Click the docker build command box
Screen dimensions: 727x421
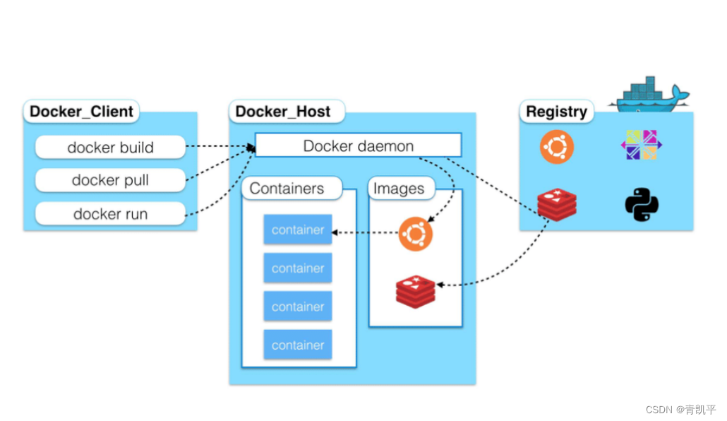pyautogui.click(x=110, y=147)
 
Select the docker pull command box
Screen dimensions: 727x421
pyautogui.click(x=110, y=180)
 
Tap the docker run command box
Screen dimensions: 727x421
pyautogui.click(x=110, y=213)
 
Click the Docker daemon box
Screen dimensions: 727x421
pyautogui.click(x=359, y=146)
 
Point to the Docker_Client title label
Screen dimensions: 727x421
pyautogui.click(x=81, y=112)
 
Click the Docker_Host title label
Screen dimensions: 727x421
pyautogui.click(x=287, y=112)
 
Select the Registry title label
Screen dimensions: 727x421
pyautogui.click(x=556, y=112)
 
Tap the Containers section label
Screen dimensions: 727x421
pyautogui.click(x=292, y=188)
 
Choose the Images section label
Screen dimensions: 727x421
pyautogui.click(x=402, y=188)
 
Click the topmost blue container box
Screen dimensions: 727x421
pyautogui.click(x=298, y=230)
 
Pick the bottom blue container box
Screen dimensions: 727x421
pyautogui.click(x=298, y=345)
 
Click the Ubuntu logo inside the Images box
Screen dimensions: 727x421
pyautogui.click(x=416, y=234)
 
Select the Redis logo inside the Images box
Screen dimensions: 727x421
pyautogui.click(x=416, y=292)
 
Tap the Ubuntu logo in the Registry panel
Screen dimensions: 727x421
pyautogui.click(x=557, y=147)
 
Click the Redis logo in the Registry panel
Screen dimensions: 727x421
pyautogui.click(x=557, y=204)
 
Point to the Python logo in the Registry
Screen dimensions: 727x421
pyautogui.click(x=642, y=204)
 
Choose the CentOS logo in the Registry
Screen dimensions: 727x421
pyautogui.click(x=642, y=145)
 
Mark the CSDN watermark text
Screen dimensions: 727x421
pyautogui.click(x=680, y=410)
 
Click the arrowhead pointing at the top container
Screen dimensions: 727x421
pyautogui.click(x=335, y=232)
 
